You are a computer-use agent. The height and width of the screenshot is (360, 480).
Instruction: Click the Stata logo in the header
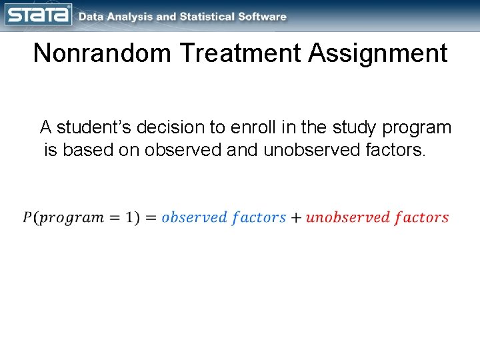[37, 15]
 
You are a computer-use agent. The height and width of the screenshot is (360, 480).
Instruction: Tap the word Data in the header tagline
[91, 17]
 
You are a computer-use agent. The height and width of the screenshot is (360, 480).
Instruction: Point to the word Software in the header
[263, 17]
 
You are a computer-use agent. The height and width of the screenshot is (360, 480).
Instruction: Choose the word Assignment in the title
[378, 53]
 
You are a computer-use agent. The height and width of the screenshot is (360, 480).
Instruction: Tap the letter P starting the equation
[27, 217]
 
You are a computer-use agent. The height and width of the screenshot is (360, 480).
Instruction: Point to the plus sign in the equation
[295, 217]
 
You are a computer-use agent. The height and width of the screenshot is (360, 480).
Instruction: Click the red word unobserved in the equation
[347, 217]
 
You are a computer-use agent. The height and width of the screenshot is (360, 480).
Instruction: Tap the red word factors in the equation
[421, 217]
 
